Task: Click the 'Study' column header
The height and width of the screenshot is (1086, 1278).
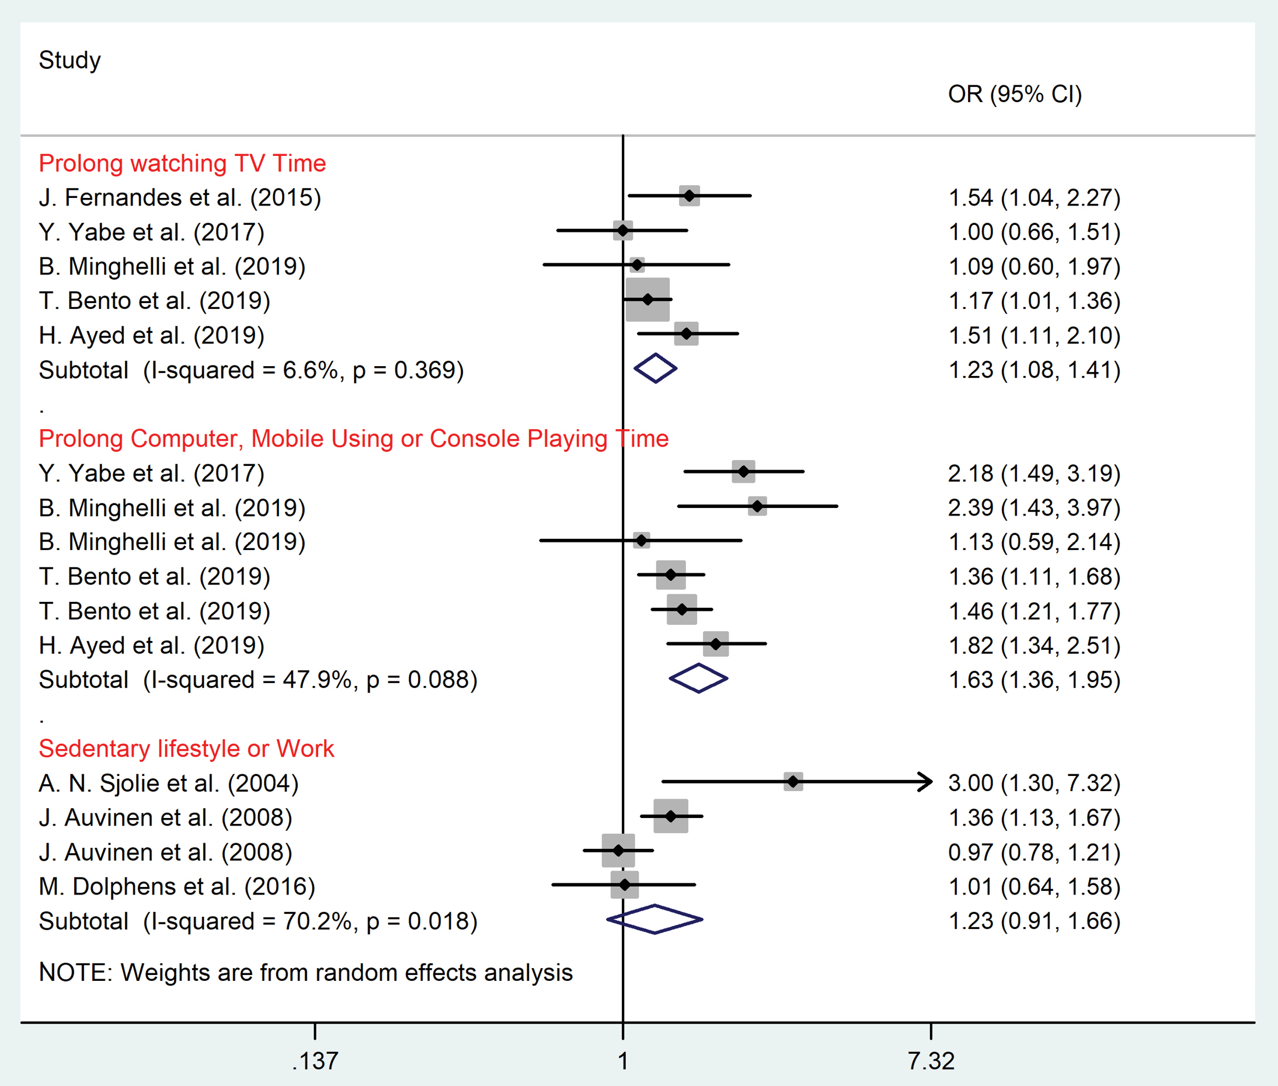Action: coord(69,60)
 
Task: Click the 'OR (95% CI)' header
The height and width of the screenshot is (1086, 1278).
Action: coord(1015,94)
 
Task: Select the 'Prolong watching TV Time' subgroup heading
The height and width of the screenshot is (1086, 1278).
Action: coord(182,163)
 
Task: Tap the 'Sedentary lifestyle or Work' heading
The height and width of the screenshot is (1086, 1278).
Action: coord(186,749)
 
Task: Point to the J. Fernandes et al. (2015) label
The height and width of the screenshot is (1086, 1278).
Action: coord(180,197)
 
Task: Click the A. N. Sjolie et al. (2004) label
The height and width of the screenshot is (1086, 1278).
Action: coord(168,783)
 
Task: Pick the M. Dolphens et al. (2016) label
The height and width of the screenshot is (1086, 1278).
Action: coord(177,886)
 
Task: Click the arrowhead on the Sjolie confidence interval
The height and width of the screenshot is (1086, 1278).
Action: coord(925,782)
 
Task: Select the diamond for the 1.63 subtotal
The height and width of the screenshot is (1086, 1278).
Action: coord(698,678)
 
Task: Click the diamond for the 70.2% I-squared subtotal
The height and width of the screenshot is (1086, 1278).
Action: coord(654,919)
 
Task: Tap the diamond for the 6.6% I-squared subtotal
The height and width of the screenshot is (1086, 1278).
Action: coord(655,368)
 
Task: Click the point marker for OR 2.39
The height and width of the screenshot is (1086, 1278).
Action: coord(757,506)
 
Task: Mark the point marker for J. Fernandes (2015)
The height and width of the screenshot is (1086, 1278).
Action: coord(690,196)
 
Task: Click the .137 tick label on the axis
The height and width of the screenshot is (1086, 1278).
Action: coord(315,1061)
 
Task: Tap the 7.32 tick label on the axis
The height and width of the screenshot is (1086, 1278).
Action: coord(931,1061)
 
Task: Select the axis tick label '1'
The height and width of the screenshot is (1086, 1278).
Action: coord(623,1061)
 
